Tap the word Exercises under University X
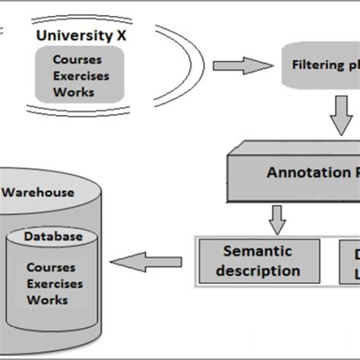pos(81,75)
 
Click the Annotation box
pos(296,173)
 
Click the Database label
pos(52,236)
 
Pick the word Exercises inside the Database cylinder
pos(54,284)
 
